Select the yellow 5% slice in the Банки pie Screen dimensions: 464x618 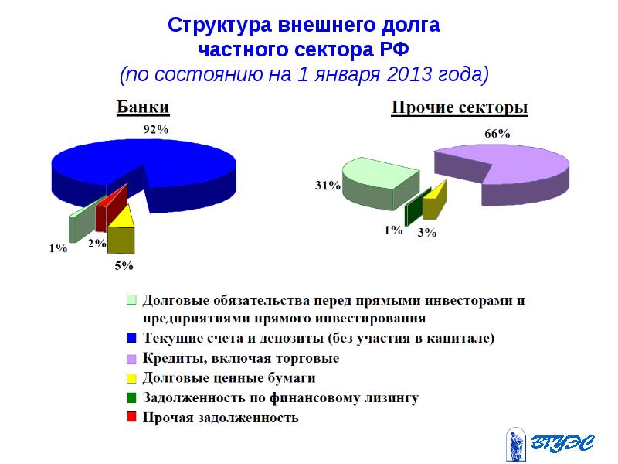(x=121, y=232)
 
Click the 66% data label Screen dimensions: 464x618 (x=497, y=133)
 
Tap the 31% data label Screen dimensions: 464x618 (x=327, y=186)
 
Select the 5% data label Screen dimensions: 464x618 (x=124, y=266)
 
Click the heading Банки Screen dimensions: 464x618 (x=143, y=107)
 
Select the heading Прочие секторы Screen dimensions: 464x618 (x=460, y=107)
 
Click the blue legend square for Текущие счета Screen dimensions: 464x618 (x=131, y=338)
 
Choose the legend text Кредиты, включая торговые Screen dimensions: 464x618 (x=241, y=358)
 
